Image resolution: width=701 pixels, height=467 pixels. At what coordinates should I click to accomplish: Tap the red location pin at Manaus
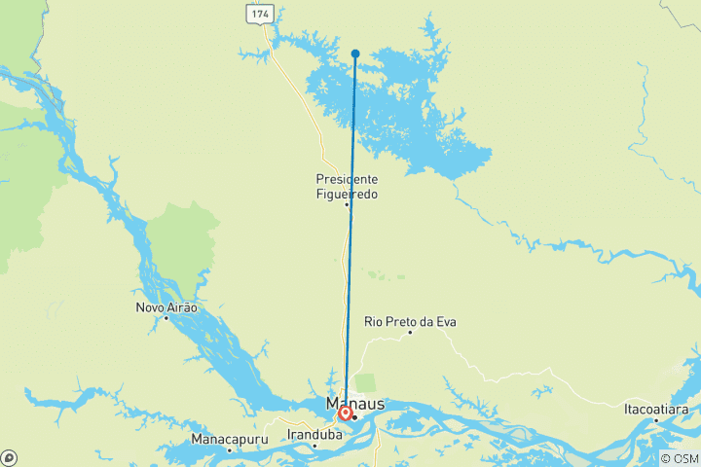[345, 413]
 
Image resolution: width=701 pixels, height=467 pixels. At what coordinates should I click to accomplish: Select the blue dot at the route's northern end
[355, 54]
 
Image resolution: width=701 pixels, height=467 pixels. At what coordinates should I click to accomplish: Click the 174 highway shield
[259, 14]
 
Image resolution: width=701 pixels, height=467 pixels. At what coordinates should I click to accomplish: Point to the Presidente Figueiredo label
[347, 187]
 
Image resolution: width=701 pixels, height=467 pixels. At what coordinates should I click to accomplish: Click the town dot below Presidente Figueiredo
[347, 204]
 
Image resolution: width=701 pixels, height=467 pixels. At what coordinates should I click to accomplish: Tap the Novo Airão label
[166, 307]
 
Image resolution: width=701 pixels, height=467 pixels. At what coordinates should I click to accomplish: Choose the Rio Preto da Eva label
[410, 321]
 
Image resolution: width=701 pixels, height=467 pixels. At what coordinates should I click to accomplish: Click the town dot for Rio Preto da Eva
[410, 333]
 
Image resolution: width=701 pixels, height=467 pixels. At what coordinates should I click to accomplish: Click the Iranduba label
[314, 435]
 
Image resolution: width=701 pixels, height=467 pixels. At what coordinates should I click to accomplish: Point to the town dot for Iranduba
[314, 446]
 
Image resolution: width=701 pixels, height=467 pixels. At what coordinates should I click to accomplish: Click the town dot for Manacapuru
[230, 449]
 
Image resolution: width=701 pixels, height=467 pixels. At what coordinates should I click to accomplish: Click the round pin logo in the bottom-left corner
[9, 457]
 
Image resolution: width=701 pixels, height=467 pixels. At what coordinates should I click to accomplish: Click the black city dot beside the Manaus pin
[355, 416]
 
